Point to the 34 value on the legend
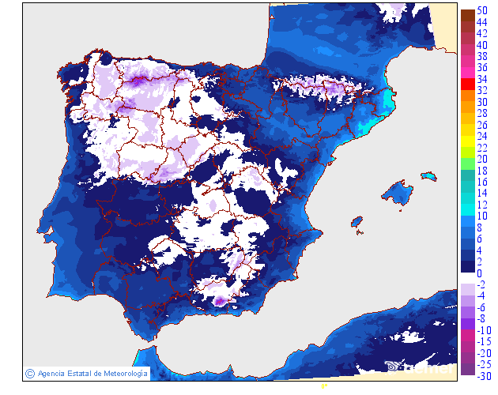point(482,79)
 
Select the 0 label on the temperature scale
point(479,273)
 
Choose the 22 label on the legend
point(482,148)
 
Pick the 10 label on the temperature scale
point(482,216)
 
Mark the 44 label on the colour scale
point(482,22)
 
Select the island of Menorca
point(428,175)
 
